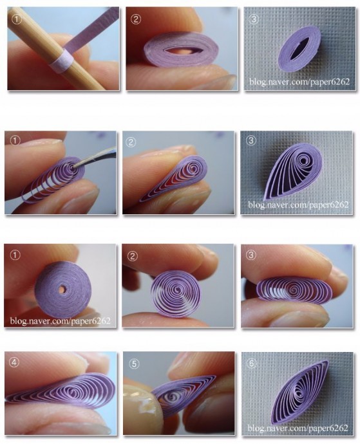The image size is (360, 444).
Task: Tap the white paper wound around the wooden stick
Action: [x=62, y=61]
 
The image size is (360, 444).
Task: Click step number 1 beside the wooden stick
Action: [x=17, y=19]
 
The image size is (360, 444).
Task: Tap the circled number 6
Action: [x=252, y=363]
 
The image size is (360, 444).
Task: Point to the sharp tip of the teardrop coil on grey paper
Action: [x=263, y=200]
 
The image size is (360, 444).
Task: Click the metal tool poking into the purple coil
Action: [x=97, y=158]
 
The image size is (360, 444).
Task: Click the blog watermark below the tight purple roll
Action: [x=60, y=321]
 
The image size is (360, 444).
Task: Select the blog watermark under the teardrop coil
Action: [x=298, y=205]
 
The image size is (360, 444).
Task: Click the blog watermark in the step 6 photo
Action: [x=298, y=427]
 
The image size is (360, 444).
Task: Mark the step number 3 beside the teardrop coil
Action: [x=251, y=141]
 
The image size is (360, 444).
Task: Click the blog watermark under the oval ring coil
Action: [x=299, y=82]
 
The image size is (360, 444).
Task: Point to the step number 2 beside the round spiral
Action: [x=133, y=257]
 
